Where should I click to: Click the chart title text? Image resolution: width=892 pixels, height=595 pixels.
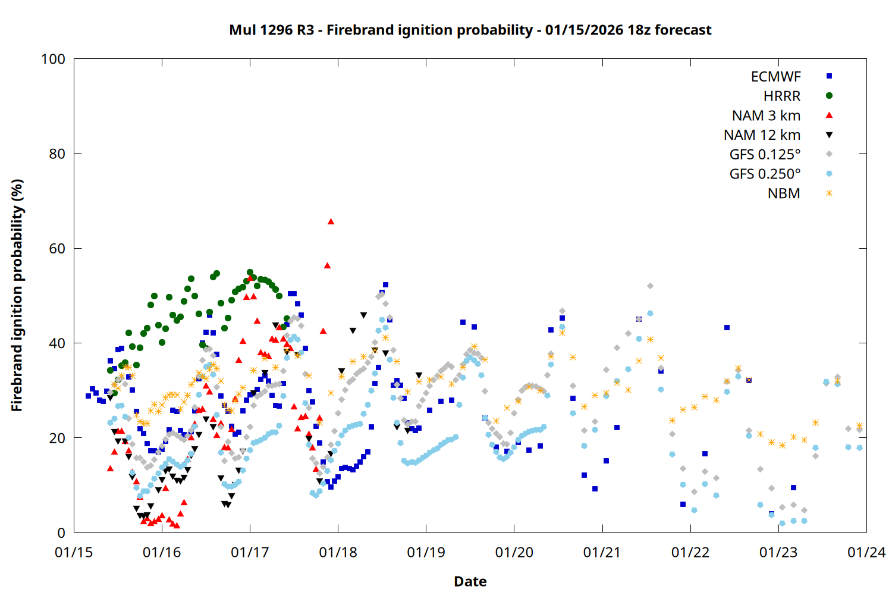pyautogui.click(x=470, y=30)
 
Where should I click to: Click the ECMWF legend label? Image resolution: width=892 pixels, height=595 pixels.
pyautogui.click(x=775, y=77)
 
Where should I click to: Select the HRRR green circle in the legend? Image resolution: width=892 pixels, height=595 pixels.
pyautogui.click(x=829, y=96)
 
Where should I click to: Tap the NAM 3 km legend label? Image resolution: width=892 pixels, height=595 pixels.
pyautogui.click(x=766, y=115)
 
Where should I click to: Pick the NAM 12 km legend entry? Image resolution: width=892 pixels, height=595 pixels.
pyautogui.click(x=762, y=135)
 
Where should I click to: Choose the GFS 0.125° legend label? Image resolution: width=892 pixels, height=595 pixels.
pyautogui.click(x=765, y=155)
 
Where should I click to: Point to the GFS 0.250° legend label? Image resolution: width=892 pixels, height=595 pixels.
pyautogui.click(x=765, y=174)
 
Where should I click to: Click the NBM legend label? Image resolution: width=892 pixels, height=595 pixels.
pyautogui.click(x=784, y=194)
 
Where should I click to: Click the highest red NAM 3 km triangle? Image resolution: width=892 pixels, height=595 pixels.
pyautogui.click(x=331, y=222)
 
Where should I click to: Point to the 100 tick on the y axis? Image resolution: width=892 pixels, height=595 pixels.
pyautogui.click(x=53, y=59)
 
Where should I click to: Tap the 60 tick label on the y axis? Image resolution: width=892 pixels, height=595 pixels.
pyautogui.click(x=57, y=249)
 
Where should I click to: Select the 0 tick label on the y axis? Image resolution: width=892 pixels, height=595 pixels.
pyautogui.click(x=61, y=533)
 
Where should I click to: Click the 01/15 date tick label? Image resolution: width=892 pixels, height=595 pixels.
pyautogui.click(x=74, y=553)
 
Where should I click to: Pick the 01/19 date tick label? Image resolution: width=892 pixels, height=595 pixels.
pyautogui.click(x=426, y=553)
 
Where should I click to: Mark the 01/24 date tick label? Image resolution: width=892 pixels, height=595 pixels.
pyautogui.click(x=866, y=553)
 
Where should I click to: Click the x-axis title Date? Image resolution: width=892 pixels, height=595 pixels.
pyautogui.click(x=470, y=581)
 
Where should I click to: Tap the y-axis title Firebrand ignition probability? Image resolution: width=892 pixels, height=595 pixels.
pyautogui.click(x=17, y=296)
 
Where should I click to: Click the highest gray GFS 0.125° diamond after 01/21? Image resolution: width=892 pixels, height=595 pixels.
pyautogui.click(x=650, y=286)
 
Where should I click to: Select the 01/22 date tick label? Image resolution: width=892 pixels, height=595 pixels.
pyautogui.click(x=690, y=553)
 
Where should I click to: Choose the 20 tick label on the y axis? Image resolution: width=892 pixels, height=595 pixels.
pyautogui.click(x=57, y=438)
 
